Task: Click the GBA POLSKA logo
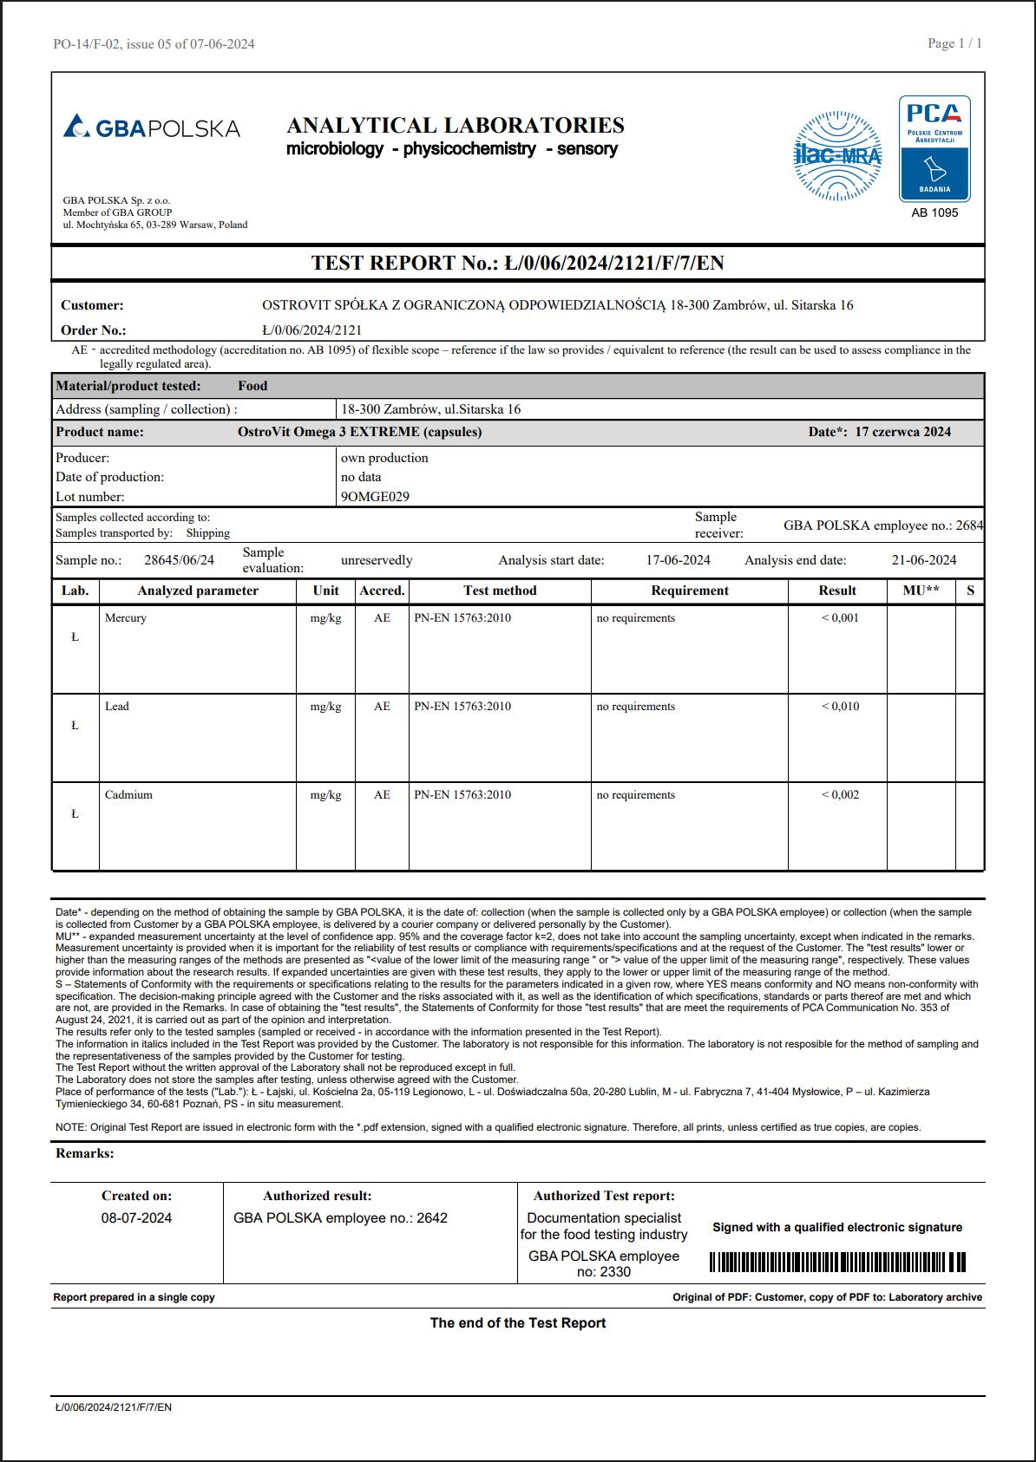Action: (152, 127)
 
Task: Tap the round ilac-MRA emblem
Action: (837, 156)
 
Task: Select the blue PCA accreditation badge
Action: (934, 148)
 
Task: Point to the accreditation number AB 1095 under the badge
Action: (934, 212)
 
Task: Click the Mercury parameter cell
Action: (126, 618)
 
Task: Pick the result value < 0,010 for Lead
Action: (840, 707)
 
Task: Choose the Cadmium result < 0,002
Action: (840, 795)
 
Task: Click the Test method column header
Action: (500, 591)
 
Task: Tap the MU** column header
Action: (921, 591)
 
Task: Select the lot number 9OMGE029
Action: (375, 497)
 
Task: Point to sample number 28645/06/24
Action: (179, 560)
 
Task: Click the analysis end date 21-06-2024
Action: (924, 560)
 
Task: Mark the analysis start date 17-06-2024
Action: (678, 560)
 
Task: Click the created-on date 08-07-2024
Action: (136, 1218)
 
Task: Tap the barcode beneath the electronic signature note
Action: (837, 1262)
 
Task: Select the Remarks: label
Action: (85, 1153)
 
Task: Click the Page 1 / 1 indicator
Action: (954, 43)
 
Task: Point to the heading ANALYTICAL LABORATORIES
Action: (456, 126)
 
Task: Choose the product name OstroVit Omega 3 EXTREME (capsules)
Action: (359, 432)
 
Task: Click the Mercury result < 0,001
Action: (840, 618)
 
